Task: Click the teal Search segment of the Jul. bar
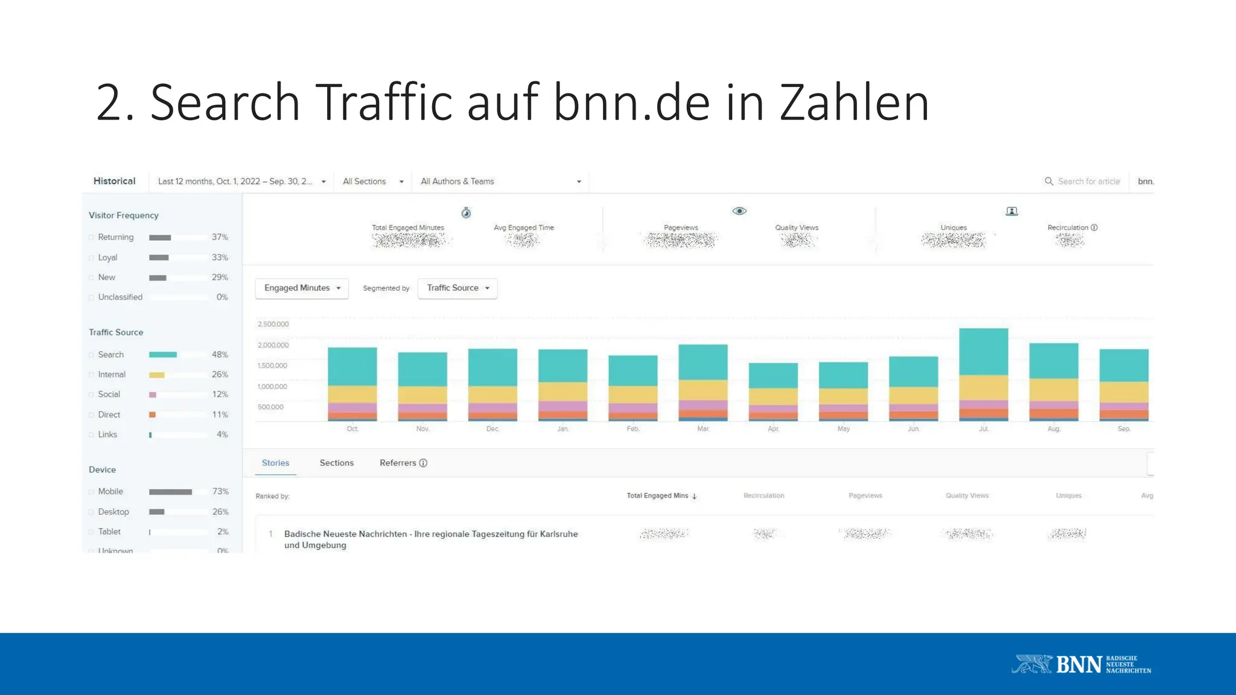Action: (983, 352)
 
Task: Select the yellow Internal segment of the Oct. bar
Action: (352, 394)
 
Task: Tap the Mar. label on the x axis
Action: (703, 429)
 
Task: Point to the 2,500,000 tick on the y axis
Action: (273, 324)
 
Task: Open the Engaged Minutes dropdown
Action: (302, 288)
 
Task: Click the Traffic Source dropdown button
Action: (457, 288)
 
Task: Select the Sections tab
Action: (337, 463)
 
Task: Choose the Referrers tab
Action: (403, 463)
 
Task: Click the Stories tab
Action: (275, 463)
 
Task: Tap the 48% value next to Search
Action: (220, 355)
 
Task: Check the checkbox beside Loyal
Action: (92, 258)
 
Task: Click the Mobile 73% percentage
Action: (220, 492)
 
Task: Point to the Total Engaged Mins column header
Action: (658, 496)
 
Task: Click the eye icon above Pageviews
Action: (739, 211)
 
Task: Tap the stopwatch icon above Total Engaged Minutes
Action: (466, 213)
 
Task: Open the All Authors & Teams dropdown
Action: (500, 182)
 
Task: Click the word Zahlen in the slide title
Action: (854, 103)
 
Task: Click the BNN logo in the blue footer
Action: (1081, 664)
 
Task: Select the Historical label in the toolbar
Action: (114, 181)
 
